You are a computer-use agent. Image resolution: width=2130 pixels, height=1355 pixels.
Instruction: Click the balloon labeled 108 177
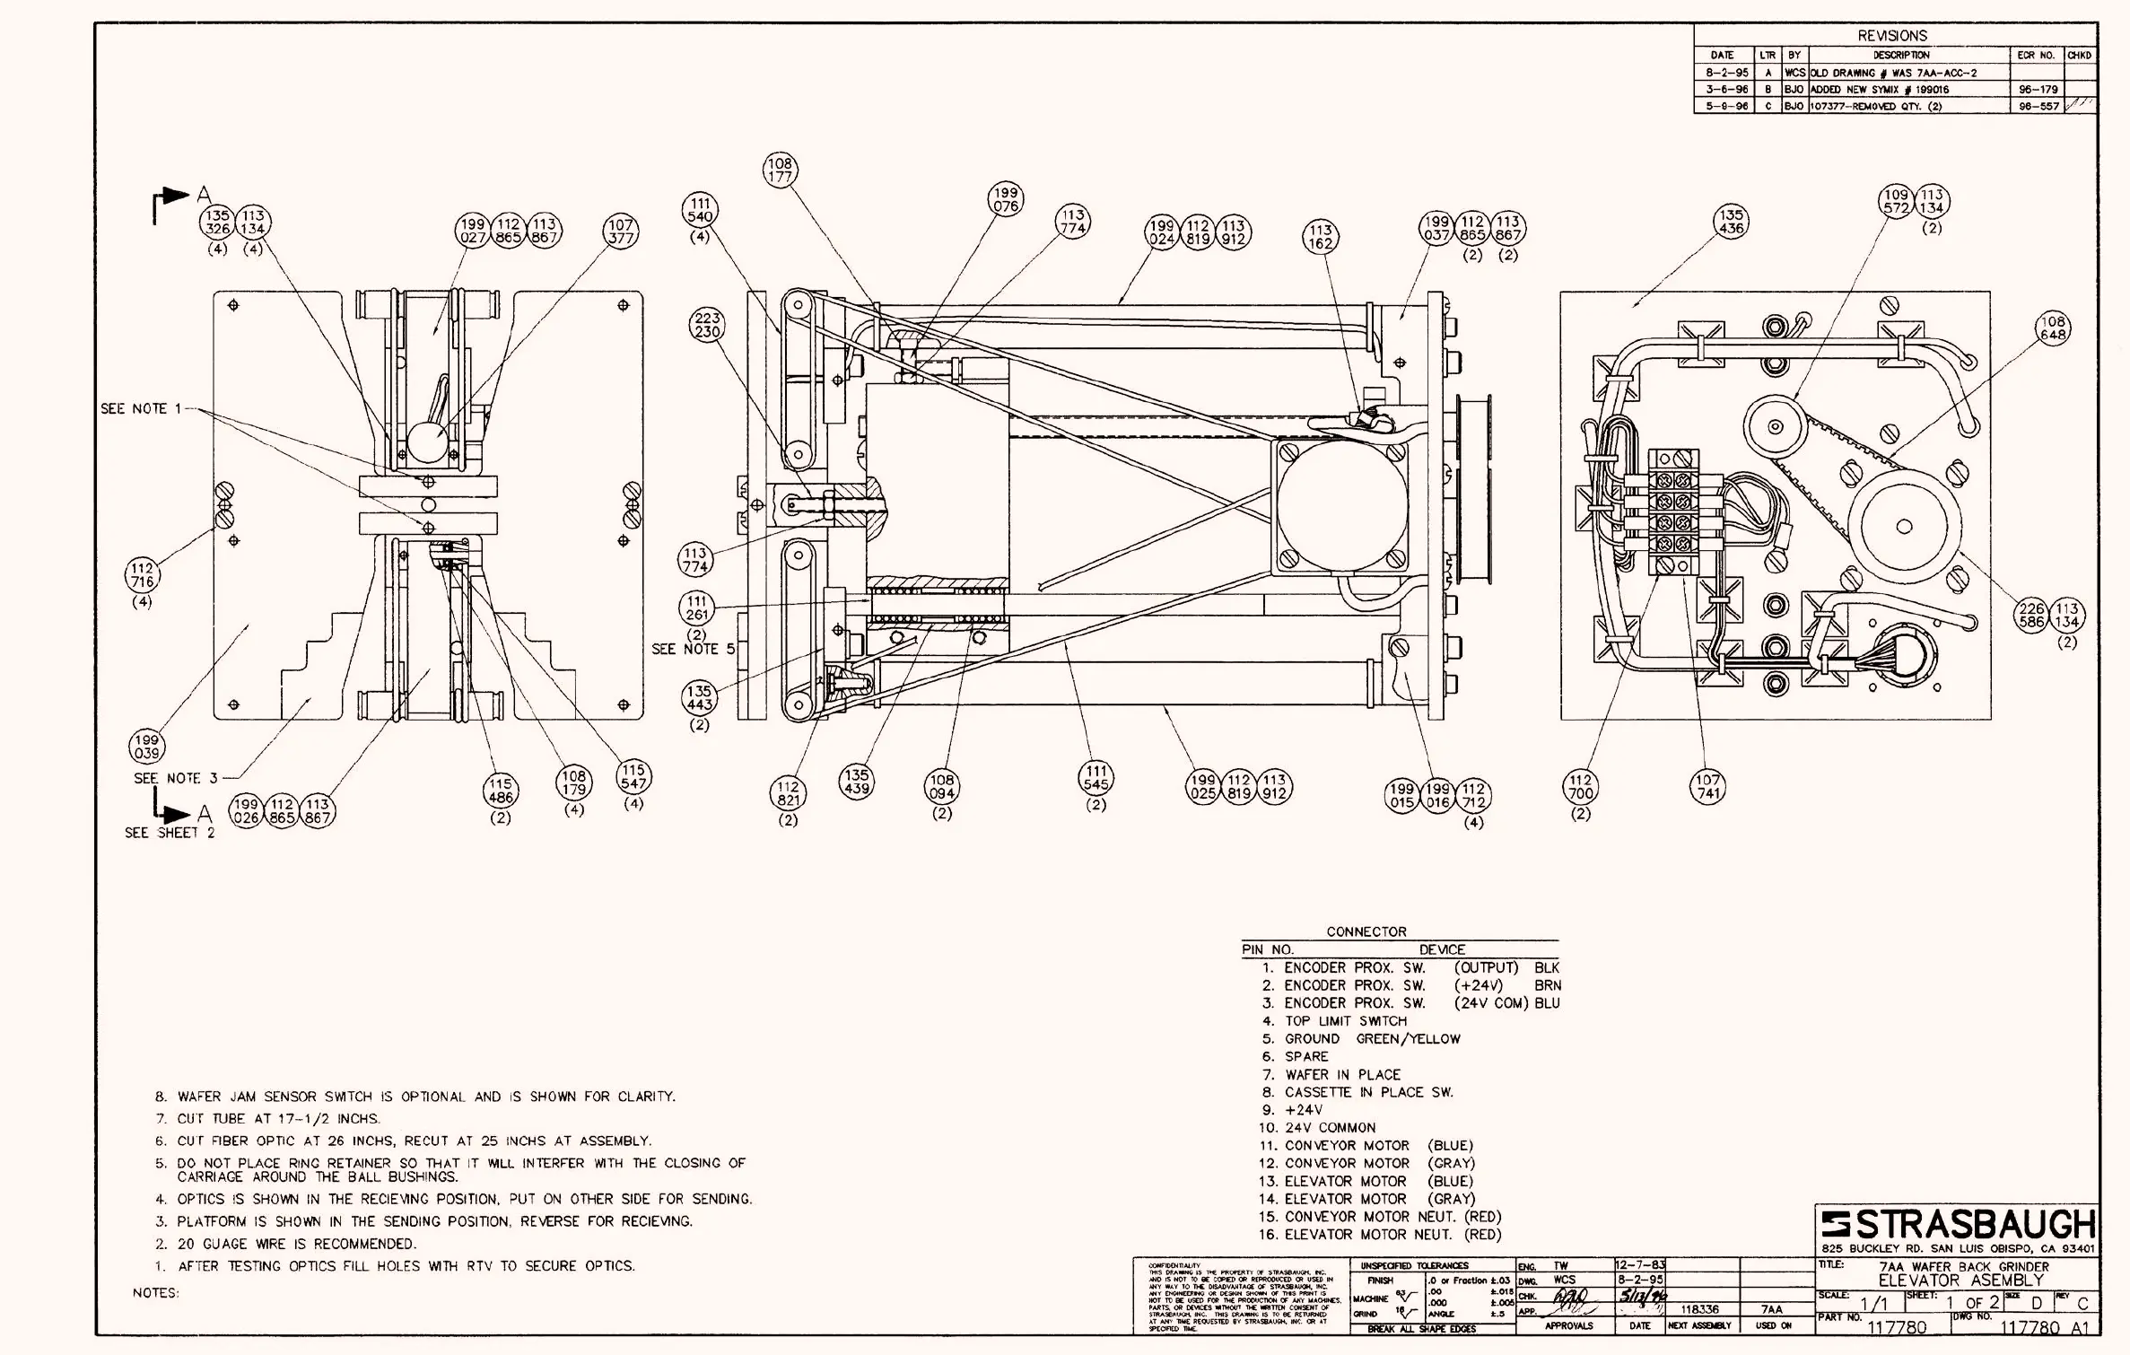(x=780, y=170)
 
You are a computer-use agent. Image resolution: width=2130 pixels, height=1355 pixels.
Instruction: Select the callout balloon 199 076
(x=1006, y=199)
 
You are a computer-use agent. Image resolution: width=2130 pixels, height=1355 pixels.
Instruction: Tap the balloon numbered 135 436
(x=1731, y=222)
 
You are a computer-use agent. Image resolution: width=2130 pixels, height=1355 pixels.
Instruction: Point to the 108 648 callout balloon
(x=2053, y=328)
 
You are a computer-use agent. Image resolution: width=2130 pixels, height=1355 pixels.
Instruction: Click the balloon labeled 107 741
(x=1707, y=787)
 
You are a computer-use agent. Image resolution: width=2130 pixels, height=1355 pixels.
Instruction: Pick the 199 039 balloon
(x=147, y=747)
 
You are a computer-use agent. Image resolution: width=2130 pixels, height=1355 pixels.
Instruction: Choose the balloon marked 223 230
(x=707, y=325)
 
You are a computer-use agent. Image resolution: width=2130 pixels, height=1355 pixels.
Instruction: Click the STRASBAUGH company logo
(x=1959, y=1225)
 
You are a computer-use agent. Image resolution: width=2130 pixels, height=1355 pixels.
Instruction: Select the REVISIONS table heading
(x=1892, y=36)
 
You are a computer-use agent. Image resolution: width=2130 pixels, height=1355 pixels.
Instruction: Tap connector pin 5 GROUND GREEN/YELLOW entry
(x=1361, y=1039)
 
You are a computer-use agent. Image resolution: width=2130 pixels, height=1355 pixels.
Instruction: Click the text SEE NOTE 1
(x=141, y=409)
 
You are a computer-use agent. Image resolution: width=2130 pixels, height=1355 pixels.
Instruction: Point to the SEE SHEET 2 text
(x=170, y=834)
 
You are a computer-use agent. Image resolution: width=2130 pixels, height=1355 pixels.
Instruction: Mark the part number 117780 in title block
(x=1897, y=1327)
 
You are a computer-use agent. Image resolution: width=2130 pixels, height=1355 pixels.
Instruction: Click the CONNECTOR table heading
(x=1366, y=932)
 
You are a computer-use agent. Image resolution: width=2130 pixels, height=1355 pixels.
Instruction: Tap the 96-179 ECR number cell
(x=2038, y=90)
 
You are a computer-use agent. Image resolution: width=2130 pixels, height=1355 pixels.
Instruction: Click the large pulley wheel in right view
(x=1904, y=527)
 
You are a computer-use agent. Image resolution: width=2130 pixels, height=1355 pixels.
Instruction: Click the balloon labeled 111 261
(x=697, y=608)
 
